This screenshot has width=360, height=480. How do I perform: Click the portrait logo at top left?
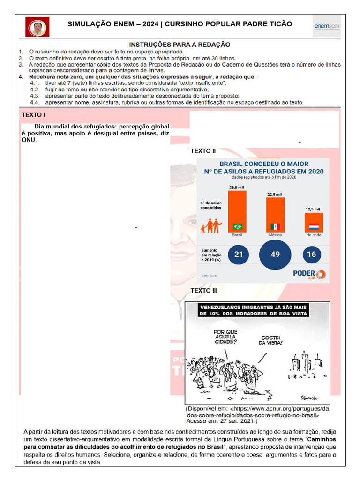(37, 27)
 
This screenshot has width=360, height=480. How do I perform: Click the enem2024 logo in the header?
(327, 27)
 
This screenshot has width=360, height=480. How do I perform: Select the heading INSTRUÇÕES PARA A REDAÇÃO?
(180, 44)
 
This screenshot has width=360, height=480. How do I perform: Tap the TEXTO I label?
(34, 115)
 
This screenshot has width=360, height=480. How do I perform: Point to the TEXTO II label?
(203, 151)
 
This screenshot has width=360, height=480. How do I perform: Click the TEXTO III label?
(204, 291)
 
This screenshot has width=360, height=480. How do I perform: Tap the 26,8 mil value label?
(237, 187)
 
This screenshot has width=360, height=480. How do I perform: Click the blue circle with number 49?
(275, 255)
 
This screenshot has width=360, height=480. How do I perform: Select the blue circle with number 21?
(239, 255)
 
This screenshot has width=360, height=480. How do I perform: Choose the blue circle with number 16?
(312, 255)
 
